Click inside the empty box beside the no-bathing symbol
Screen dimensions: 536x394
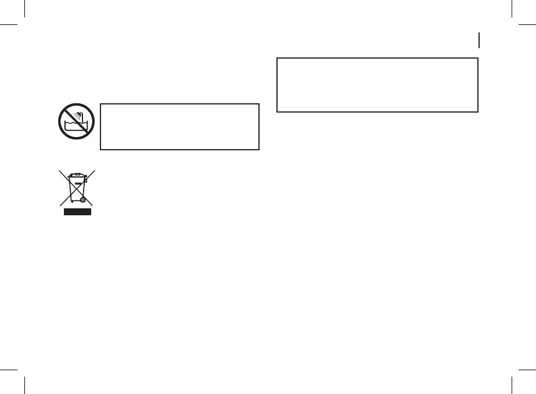point(179,127)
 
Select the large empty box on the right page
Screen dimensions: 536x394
point(377,85)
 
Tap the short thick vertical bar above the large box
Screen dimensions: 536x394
point(480,40)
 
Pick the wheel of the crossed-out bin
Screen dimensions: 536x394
point(82,199)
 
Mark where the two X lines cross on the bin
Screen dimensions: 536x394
point(75,187)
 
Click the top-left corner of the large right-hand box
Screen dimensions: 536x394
point(278,58)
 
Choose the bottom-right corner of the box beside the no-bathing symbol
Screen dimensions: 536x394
point(258,149)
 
